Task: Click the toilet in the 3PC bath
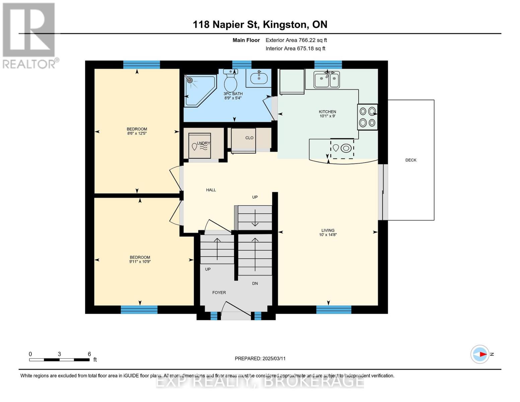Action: pos(230,80)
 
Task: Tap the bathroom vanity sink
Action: pos(259,78)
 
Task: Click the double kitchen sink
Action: pos(326,80)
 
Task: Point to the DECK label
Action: pos(411,160)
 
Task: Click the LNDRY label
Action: pos(204,143)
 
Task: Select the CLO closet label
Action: pos(249,138)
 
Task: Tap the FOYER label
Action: pos(219,292)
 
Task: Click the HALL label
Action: pos(211,190)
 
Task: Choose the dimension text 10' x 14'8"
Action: pos(328,235)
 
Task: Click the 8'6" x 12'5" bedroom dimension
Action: pos(137,133)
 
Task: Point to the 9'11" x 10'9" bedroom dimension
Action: pos(140,262)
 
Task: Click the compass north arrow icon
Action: pos(480,354)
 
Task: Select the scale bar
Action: pos(59,360)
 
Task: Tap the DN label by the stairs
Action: pos(255,283)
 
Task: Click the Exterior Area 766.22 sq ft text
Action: pos(296,40)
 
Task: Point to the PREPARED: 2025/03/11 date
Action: pos(260,358)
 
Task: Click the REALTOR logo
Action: pos(29,35)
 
